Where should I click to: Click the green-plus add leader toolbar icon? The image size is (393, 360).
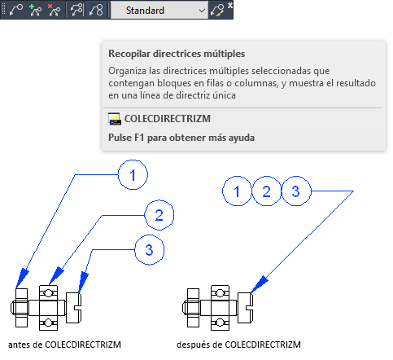(x=35, y=11)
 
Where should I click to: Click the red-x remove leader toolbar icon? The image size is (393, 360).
(x=54, y=11)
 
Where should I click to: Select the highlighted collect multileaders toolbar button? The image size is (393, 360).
(x=96, y=11)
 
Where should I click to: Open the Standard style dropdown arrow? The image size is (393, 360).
(x=202, y=11)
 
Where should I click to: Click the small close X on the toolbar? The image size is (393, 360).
(x=230, y=5)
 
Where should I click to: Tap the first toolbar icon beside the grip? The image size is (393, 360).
(x=16, y=11)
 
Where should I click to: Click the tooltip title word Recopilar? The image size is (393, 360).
(x=129, y=54)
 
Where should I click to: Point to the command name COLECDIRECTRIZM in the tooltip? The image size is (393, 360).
(x=168, y=119)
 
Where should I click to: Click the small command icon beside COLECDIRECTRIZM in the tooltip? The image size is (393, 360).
(x=115, y=119)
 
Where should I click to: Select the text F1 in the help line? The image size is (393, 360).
(x=139, y=138)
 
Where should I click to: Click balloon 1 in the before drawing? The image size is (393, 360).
(x=133, y=175)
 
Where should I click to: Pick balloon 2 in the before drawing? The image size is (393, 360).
(x=159, y=215)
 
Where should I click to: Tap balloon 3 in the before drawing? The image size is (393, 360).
(x=150, y=250)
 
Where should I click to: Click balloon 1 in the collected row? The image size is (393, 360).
(x=237, y=191)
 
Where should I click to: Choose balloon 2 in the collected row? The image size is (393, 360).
(x=267, y=191)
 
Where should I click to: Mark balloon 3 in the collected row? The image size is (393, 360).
(x=296, y=191)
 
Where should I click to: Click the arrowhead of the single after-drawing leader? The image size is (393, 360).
(x=259, y=285)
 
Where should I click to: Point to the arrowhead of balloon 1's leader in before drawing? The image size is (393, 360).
(x=22, y=279)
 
